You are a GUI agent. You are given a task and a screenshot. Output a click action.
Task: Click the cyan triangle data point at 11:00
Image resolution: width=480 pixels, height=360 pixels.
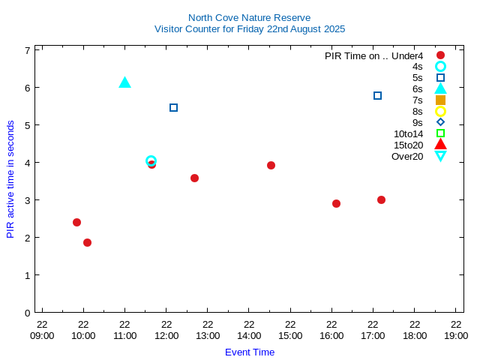tap(124, 82)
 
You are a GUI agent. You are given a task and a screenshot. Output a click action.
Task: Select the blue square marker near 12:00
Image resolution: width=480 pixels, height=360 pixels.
tap(173, 107)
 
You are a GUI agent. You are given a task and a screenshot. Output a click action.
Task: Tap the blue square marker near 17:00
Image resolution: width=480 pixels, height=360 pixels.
tap(377, 95)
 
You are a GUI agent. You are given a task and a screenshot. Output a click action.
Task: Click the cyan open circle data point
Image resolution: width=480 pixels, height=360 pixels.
tap(151, 160)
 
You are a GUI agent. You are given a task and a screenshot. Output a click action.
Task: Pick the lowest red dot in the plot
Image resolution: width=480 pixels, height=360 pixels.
tap(87, 242)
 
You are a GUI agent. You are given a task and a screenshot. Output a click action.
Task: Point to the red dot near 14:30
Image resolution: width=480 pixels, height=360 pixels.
tap(271, 165)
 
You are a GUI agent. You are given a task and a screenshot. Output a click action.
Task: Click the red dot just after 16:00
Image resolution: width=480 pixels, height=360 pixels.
tap(336, 203)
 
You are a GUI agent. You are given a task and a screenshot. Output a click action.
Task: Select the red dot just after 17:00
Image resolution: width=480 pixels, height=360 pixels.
tap(381, 199)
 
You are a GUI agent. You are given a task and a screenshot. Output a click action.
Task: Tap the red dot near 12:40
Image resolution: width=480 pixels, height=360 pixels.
tap(194, 178)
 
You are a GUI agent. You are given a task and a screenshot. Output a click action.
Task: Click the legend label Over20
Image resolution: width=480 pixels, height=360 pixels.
tap(407, 156)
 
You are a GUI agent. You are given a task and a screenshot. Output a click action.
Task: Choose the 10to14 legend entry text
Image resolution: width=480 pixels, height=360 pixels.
tap(408, 133)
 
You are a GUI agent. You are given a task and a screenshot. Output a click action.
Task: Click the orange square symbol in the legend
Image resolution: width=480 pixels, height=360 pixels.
tap(440, 100)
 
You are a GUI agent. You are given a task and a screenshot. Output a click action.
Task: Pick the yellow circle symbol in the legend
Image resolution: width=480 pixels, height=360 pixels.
tap(440, 111)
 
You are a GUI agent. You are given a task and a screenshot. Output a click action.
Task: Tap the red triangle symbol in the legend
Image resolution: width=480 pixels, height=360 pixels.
tap(440, 145)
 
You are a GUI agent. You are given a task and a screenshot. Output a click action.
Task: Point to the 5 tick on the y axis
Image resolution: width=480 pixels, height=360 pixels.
tap(27, 124)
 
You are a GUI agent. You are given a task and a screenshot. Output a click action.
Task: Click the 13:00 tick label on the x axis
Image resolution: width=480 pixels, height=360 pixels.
tap(208, 335)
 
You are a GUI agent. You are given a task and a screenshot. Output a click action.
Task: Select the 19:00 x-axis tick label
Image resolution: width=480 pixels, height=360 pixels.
tap(456, 335)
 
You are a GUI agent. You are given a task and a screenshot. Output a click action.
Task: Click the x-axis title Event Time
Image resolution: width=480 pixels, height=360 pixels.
tap(250, 352)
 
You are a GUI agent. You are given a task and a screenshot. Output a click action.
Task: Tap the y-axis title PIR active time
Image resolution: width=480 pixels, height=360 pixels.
tap(10, 179)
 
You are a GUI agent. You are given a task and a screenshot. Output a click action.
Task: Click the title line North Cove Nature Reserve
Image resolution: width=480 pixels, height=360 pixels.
tap(249, 17)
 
